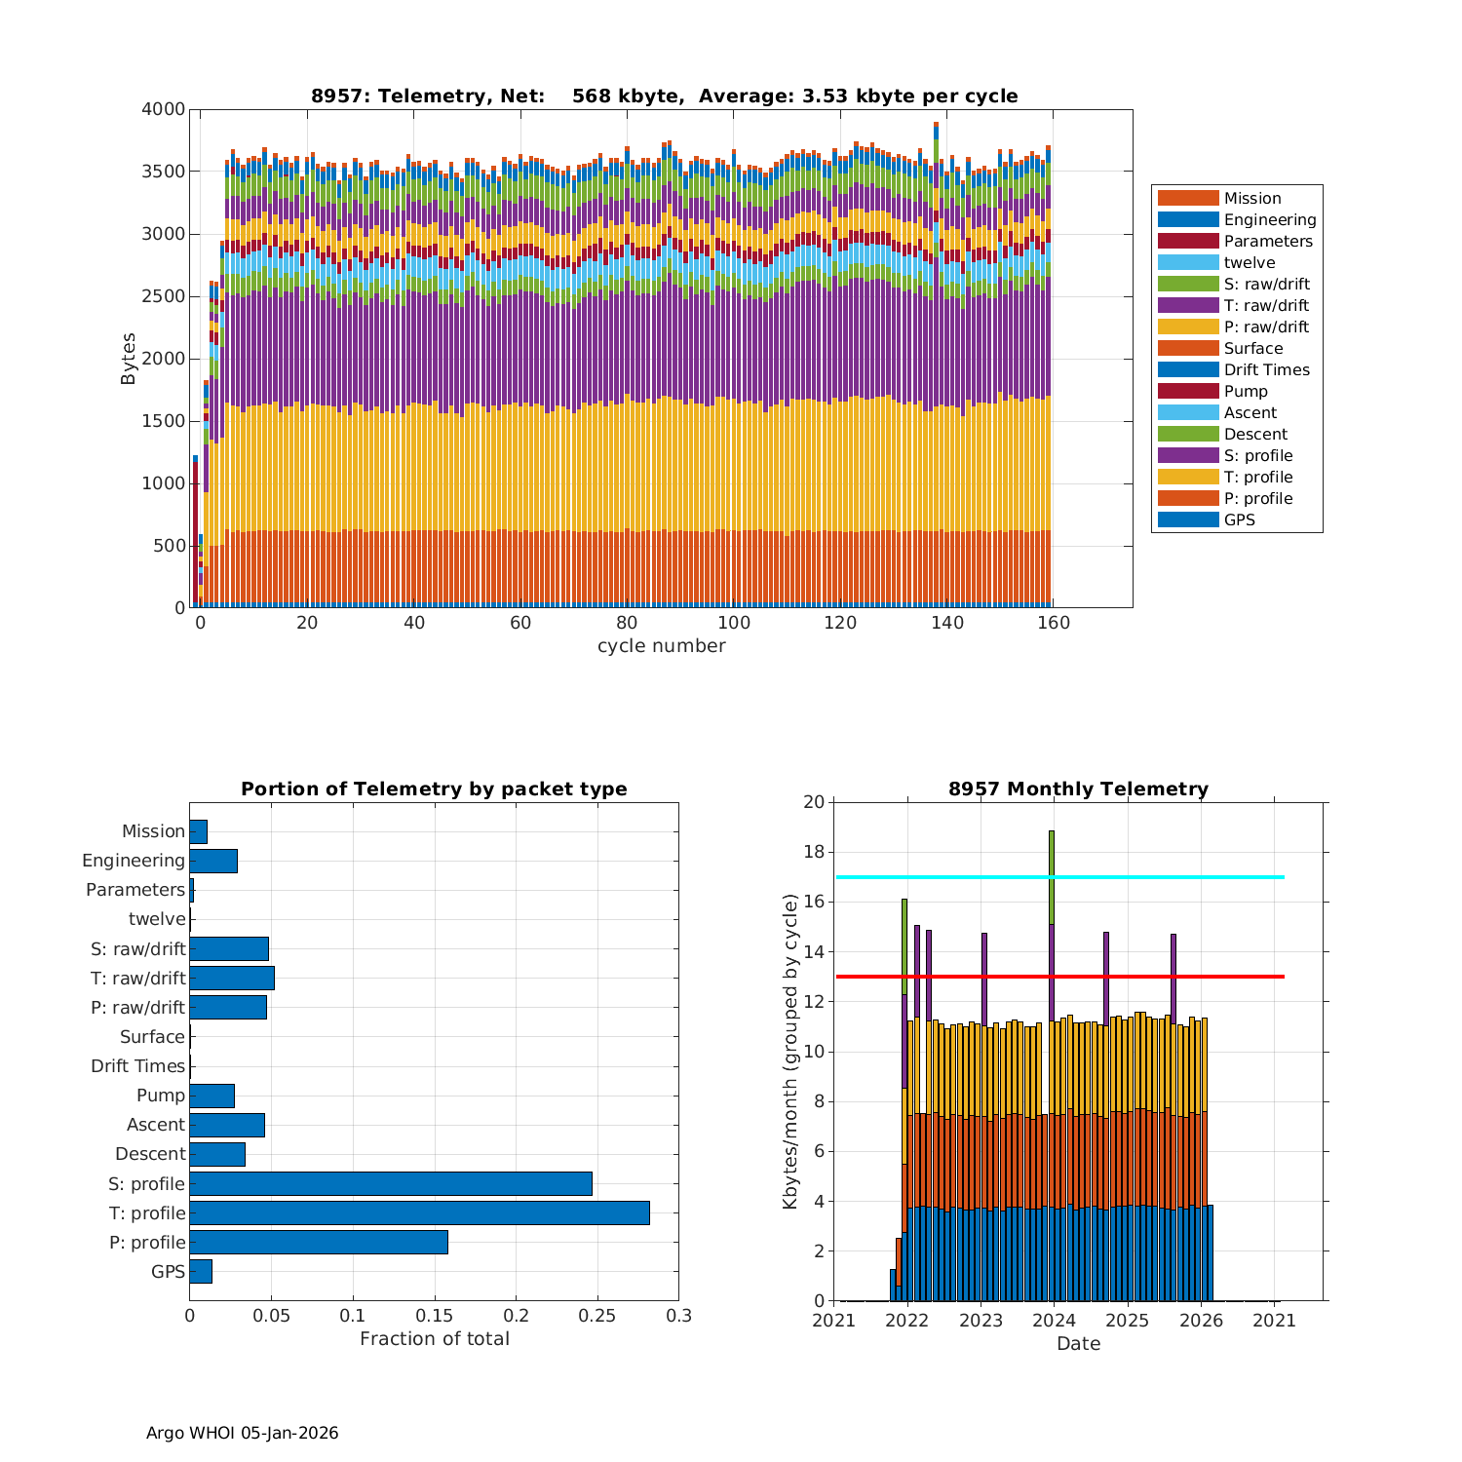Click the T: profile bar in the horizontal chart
click(419, 1212)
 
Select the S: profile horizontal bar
click(390, 1183)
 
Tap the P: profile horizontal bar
click(319, 1242)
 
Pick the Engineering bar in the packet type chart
click(213, 861)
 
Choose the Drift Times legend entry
click(1266, 369)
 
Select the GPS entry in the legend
click(1239, 519)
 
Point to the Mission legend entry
click(1251, 198)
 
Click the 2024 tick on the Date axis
click(1054, 1321)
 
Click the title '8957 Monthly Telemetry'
click(1078, 789)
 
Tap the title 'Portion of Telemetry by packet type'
click(434, 789)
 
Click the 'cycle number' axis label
click(661, 646)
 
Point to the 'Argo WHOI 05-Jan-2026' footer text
click(242, 1433)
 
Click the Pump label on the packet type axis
click(160, 1096)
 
